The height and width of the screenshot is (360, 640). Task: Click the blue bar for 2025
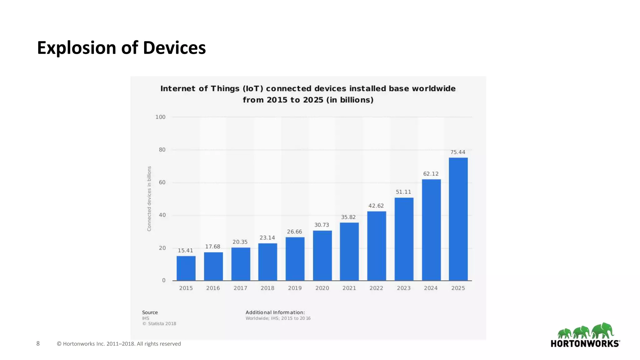[458, 219]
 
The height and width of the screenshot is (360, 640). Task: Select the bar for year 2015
[186, 268]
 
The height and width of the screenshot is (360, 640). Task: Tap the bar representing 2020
[322, 255]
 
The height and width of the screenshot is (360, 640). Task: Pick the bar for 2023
[404, 239]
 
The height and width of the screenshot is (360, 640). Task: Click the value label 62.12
[431, 174]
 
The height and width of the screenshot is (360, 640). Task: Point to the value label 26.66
[294, 232]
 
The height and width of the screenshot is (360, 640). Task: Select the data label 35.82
[348, 217]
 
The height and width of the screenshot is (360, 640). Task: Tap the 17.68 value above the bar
[212, 247]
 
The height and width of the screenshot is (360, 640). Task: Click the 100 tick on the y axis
[160, 117]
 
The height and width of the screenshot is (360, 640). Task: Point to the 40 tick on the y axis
[162, 215]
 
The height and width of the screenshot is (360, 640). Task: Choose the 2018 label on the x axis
[267, 288]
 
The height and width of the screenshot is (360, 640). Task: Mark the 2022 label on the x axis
[376, 288]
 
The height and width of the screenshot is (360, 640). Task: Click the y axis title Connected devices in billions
[149, 199]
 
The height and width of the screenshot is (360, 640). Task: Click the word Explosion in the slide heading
[77, 48]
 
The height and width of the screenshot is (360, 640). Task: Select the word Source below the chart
[150, 312]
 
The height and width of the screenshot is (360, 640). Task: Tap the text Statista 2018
[162, 324]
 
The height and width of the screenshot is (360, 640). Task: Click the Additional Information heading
[275, 312]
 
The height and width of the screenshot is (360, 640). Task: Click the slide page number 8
[38, 344]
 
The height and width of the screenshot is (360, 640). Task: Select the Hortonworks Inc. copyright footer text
[119, 344]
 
